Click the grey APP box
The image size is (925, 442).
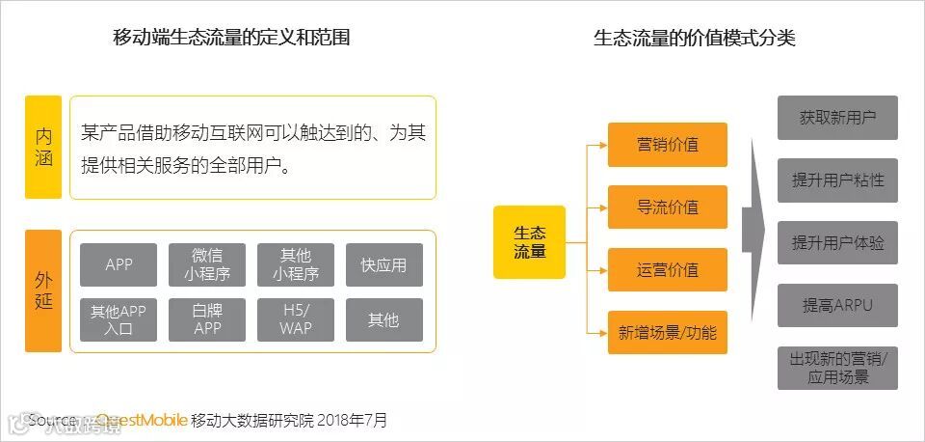point(119,265)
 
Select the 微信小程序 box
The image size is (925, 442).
point(207,265)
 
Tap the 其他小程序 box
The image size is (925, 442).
point(296,265)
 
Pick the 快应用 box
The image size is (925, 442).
point(384,265)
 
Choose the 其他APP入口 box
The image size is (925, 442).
point(119,319)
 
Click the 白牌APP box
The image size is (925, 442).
point(207,319)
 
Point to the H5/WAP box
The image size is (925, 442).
point(296,319)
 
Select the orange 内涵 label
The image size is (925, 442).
point(43,147)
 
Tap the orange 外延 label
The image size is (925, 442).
point(43,290)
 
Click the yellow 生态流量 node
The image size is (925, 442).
point(529,242)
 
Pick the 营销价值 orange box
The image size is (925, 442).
point(668,145)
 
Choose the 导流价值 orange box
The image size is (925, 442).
point(668,207)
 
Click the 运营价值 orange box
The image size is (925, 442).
point(668,270)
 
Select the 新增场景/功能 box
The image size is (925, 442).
point(668,333)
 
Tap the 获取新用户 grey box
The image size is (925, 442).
point(837,118)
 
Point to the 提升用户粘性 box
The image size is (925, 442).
point(837,180)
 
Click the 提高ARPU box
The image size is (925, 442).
point(837,306)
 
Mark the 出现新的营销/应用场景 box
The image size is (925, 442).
point(837,368)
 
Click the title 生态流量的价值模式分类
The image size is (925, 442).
point(694,39)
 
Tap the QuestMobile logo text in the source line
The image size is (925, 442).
point(141,421)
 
